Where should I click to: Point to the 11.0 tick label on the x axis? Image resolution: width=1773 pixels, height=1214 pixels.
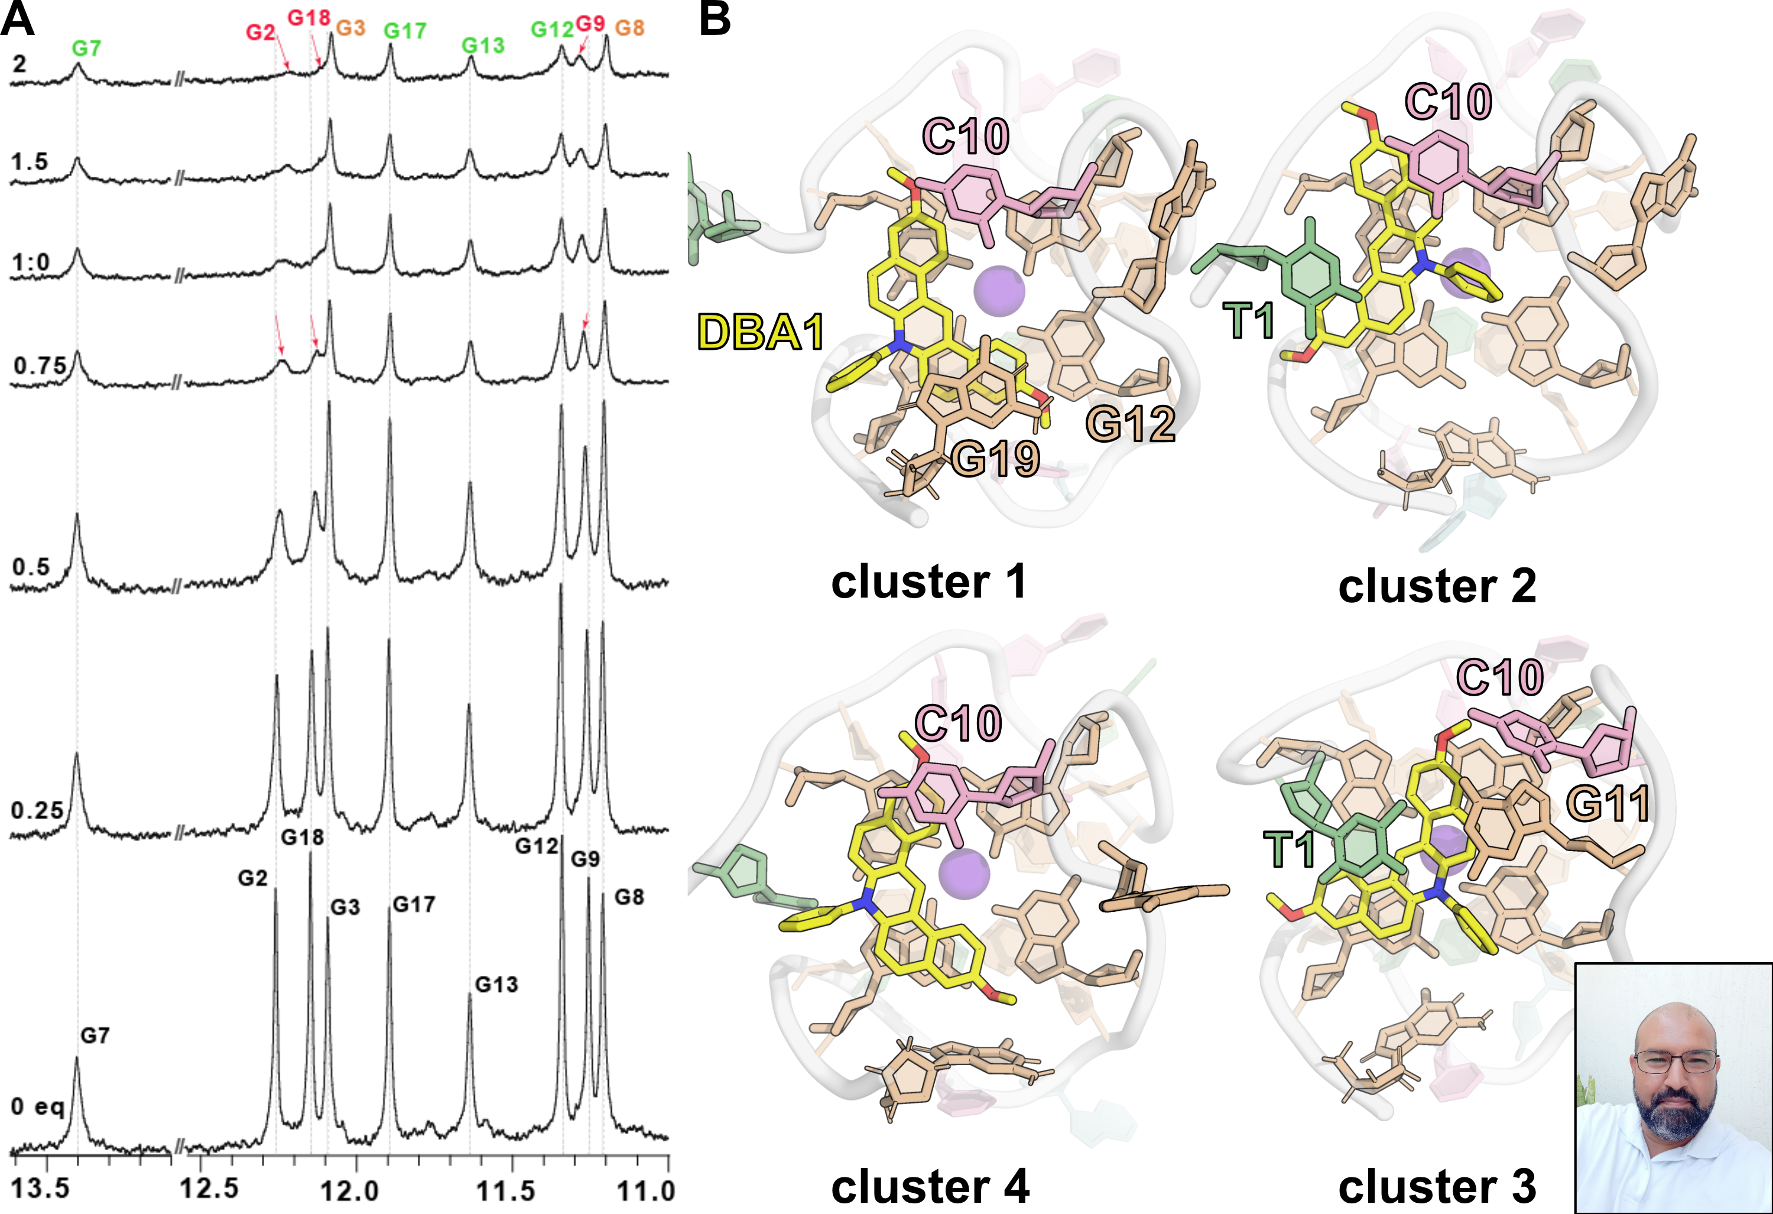(x=646, y=1190)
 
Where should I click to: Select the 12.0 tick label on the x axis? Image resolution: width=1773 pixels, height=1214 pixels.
(x=349, y=1190)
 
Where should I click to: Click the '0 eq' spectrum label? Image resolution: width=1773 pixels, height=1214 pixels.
(x=37, y=1106)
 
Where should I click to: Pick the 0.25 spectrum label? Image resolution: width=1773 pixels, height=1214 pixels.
(x=37, y=810)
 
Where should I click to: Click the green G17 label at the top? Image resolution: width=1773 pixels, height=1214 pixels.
(x=404, y=31)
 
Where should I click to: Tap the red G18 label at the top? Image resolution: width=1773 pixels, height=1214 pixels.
(x=309, y=18)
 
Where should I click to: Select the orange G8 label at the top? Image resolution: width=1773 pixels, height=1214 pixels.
(x=629, y=28)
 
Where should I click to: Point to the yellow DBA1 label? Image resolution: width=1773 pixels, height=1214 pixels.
(x=761, y=333)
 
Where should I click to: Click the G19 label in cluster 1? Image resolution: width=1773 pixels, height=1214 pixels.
(x=996, y=459)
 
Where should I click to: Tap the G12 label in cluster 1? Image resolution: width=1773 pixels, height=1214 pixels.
(x=1130, y=424)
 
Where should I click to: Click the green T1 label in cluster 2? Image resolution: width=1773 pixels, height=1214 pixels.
(x=1249, y=320)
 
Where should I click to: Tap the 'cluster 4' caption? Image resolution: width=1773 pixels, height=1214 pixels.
(x=930, y=1187)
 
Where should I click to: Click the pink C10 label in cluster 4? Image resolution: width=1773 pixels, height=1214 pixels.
(x=958, y=723)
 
